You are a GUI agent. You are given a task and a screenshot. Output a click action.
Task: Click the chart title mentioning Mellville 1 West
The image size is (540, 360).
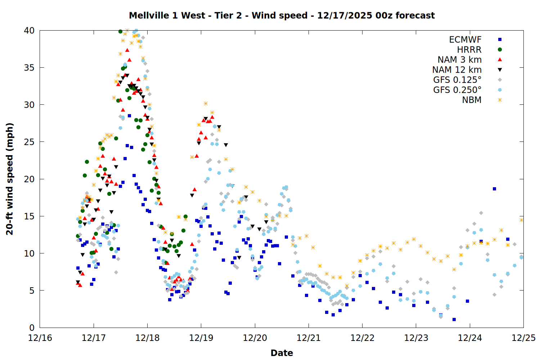click(x=282, y=15)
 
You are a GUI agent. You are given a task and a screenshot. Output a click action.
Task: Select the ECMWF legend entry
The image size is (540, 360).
click(x=465, y=40)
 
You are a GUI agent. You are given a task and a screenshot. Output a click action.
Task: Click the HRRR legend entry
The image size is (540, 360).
click(x=469, y=50)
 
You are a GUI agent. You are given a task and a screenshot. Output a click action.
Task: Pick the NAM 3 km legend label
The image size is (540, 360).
click(x=459, y=60)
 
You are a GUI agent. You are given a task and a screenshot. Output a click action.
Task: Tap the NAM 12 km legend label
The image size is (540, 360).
click(x=457, y=70)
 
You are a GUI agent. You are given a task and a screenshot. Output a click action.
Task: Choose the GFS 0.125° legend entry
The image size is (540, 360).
click(x=457, y=80)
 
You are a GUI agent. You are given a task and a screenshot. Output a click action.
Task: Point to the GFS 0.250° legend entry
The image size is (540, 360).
click(x=457, y=90)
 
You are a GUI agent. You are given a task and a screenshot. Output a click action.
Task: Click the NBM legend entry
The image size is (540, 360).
click(x=472, y=100)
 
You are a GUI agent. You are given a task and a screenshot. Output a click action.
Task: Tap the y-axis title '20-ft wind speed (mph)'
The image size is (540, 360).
click(x=10, y=179)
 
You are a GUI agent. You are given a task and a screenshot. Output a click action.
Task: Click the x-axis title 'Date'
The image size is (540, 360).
click(x=282, y=353)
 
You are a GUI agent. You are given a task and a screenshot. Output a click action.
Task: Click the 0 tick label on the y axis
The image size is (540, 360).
click(x=32, y=328)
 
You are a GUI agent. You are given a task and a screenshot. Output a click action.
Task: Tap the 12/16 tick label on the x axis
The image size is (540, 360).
click(x=40, y=338)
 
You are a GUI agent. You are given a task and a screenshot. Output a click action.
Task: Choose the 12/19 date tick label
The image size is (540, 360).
click(x=201, y=338)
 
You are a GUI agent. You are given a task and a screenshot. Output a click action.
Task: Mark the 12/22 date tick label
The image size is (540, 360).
click(x=362, y=338)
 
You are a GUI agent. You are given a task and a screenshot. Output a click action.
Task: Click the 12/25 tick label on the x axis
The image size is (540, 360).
click(x=523, y=338)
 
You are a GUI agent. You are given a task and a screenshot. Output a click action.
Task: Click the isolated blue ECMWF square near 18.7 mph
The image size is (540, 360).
click(x=494, y=189)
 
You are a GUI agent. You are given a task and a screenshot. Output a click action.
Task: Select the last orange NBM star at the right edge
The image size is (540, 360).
click(x=521, y=220)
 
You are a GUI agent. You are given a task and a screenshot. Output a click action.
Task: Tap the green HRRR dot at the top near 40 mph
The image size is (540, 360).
click(x=120, y=31)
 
